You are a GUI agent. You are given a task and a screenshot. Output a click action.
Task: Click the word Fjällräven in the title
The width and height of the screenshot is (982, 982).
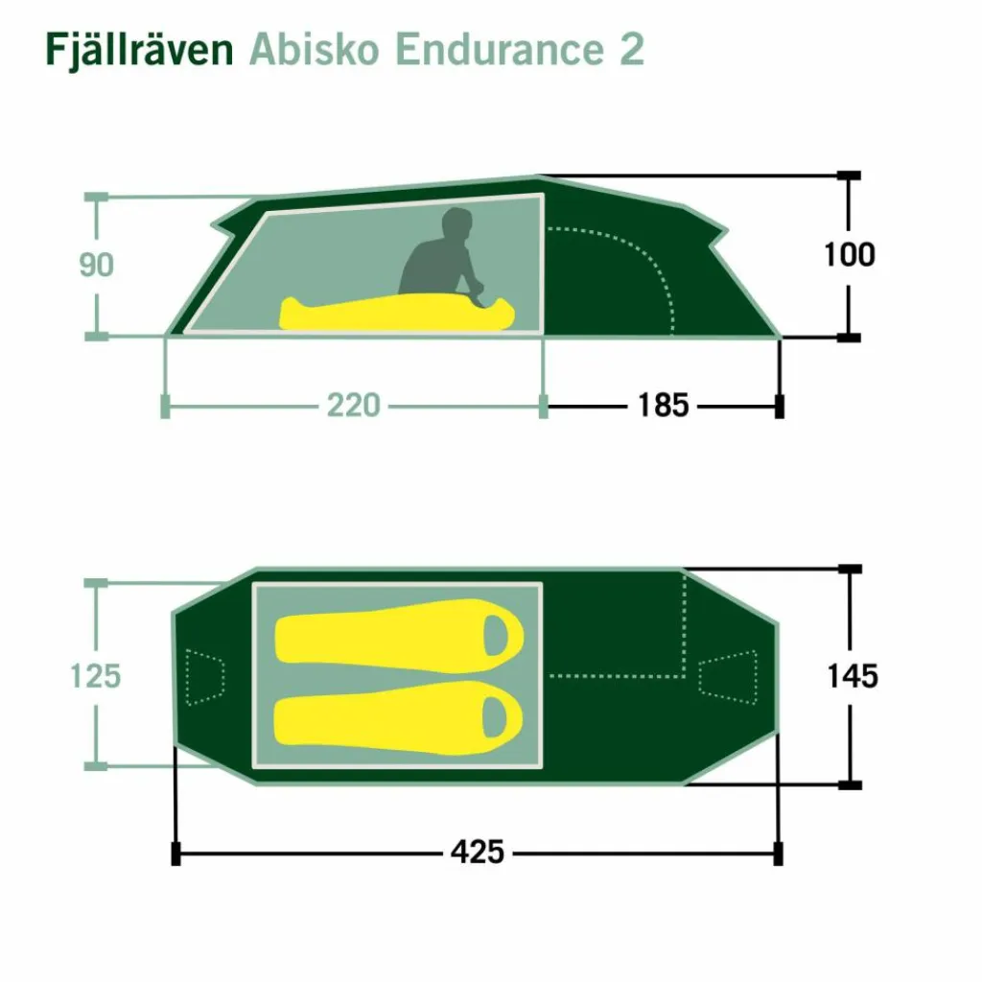coord(140,49)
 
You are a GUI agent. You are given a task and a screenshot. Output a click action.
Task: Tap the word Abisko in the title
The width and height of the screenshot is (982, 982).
coord(314,49)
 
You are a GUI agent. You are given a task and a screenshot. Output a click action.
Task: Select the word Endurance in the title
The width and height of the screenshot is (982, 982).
coord(500,49)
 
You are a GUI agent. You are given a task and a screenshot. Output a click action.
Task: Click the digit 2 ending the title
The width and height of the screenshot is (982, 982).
coord(632,49)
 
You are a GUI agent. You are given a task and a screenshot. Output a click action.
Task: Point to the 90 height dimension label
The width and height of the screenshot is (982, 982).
coord(97,265)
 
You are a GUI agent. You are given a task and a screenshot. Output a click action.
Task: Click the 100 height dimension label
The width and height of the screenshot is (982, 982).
coord(849,255)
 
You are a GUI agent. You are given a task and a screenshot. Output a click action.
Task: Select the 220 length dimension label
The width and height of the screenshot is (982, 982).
coord(353,406)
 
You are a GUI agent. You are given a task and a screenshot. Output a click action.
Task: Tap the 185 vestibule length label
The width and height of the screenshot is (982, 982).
coord(663,406)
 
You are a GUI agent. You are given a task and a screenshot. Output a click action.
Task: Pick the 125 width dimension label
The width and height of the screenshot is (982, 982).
coord(95,676)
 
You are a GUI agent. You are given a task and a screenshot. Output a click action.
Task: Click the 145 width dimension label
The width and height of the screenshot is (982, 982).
coord(853,676)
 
